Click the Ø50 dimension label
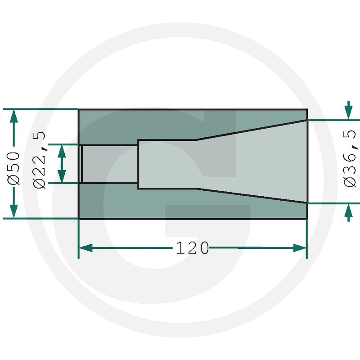tap(14, 168)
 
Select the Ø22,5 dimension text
tap(40, 160)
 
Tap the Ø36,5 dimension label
tap(351, 158)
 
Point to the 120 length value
tap(193, 248)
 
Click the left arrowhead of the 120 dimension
tap(85, 248)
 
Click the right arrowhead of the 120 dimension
tap(300, 248)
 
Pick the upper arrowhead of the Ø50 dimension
tap(14, 116)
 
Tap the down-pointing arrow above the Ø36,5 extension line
tap(349, 110)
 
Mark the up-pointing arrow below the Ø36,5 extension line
tap(349, 213)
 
